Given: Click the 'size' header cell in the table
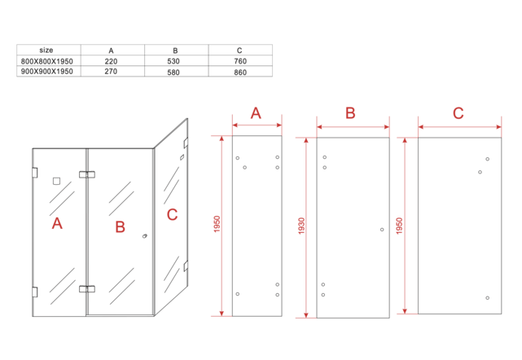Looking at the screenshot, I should click(46, 50).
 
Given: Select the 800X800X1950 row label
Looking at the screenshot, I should click(46, 61).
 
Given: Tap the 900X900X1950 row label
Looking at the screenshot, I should click(46, 72).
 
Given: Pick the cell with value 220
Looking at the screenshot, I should click(111, 61).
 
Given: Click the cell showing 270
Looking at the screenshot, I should click(111, 72).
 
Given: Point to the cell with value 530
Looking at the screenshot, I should click(175, 61).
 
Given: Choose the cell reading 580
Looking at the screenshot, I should click(175, 72).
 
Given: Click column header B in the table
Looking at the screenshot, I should click(175, 50).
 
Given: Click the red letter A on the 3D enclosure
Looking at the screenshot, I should click(57, 223).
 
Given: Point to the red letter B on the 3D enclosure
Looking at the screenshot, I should click(120, 226).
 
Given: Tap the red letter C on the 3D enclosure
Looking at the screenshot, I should click(171, 215).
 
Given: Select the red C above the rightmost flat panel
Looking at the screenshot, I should click(458, 113).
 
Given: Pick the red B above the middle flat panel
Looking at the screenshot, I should click(350, 113).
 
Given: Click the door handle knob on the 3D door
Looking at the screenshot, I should click(145, 237).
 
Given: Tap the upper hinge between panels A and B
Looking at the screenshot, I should click(86, 173).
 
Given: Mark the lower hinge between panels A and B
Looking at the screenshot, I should click(86, 288).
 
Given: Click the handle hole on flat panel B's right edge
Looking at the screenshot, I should click(381, 230).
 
